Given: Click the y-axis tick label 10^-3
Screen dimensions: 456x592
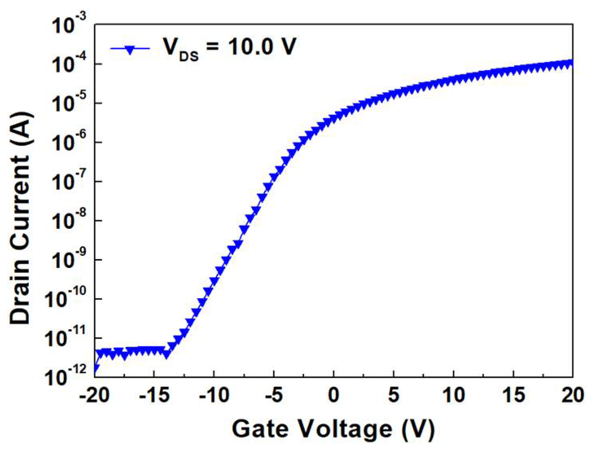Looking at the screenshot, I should (x=69, y=27).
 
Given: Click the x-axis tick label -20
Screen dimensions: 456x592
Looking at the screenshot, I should (x=94, y=395).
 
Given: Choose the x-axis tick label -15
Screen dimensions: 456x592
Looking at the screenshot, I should (x=154, y=395).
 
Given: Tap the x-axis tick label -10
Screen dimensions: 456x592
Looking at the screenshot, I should (x=214, y=395).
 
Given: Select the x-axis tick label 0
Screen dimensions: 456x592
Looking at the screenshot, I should (x=333, y=395).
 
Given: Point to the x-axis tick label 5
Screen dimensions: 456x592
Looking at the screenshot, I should (x=393, y=395).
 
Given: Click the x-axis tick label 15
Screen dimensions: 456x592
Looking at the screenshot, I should (x=513, y=395).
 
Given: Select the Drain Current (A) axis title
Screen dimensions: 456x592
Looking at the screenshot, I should (x=21, y=218).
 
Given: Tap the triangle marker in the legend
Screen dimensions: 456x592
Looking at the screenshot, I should (x=130, y=49).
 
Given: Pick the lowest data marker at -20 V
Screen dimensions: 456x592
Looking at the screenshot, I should (x=95, y=369).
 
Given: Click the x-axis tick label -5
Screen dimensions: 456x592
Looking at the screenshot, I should (x=274, y=395).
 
